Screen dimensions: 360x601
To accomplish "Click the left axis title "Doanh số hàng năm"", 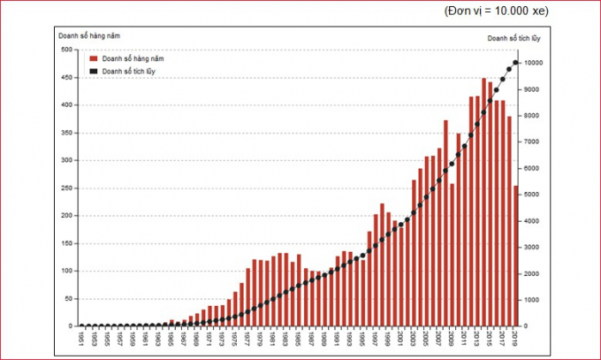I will click(89, 35).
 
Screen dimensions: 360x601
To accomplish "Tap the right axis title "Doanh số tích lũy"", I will click(513, 38).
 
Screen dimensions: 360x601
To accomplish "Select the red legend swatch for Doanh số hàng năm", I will click(93, 57).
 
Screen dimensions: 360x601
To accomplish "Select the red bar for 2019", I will click(516, 257).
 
